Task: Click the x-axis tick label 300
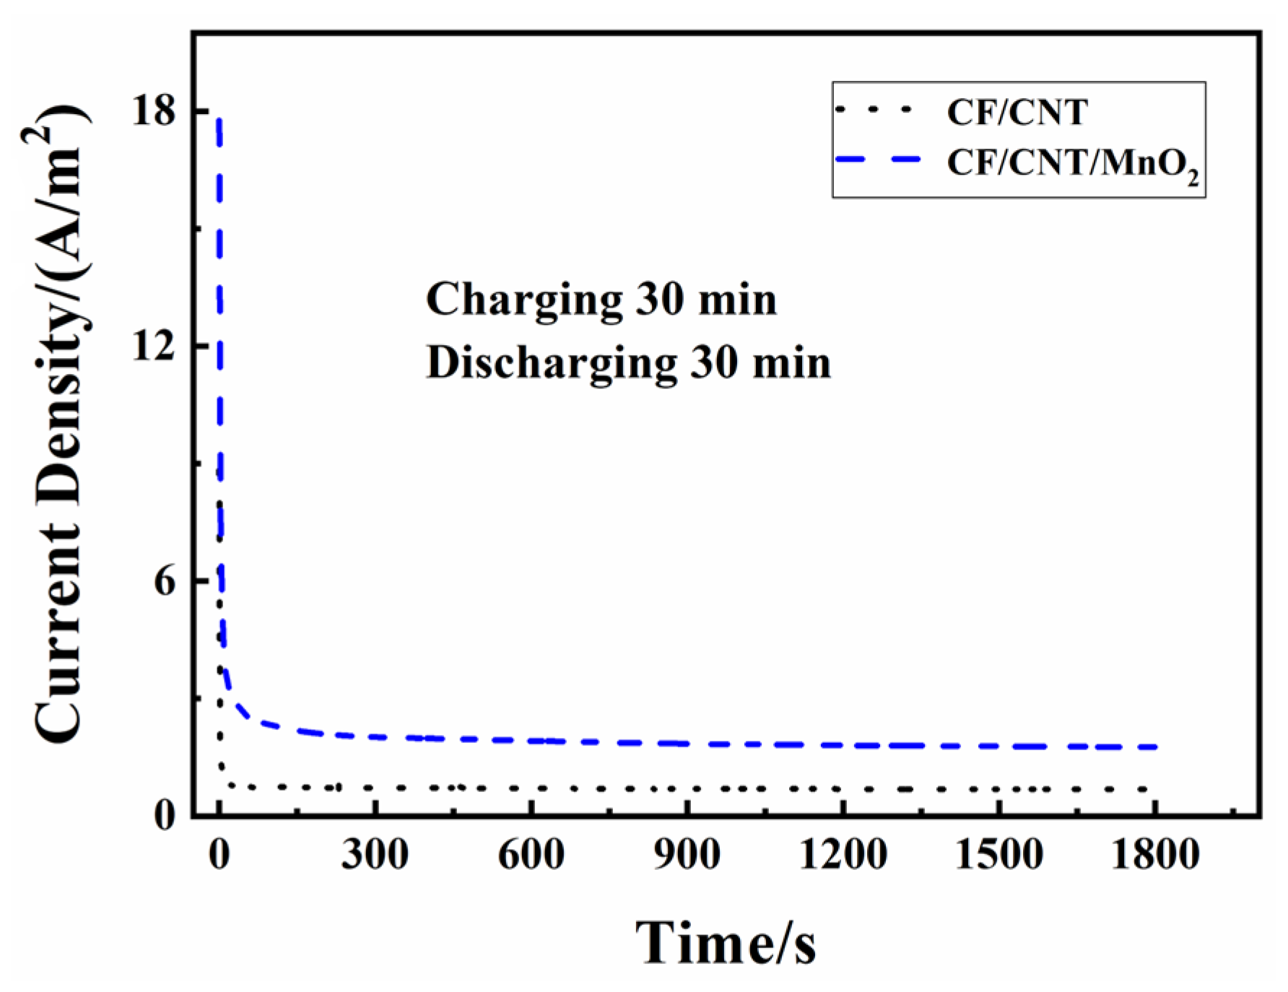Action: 375,856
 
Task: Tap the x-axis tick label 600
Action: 531,856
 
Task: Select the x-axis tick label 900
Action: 687,856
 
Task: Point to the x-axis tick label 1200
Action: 843,856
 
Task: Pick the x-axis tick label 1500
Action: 998,856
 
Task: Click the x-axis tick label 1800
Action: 1154,856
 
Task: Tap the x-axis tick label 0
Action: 219,856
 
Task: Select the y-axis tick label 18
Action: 154,113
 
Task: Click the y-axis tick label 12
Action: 154,347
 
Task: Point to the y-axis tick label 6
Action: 165,581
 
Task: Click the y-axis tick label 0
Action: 165,816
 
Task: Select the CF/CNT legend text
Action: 1017,113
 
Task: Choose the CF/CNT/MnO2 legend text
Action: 1073,164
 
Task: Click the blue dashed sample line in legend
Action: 878,160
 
